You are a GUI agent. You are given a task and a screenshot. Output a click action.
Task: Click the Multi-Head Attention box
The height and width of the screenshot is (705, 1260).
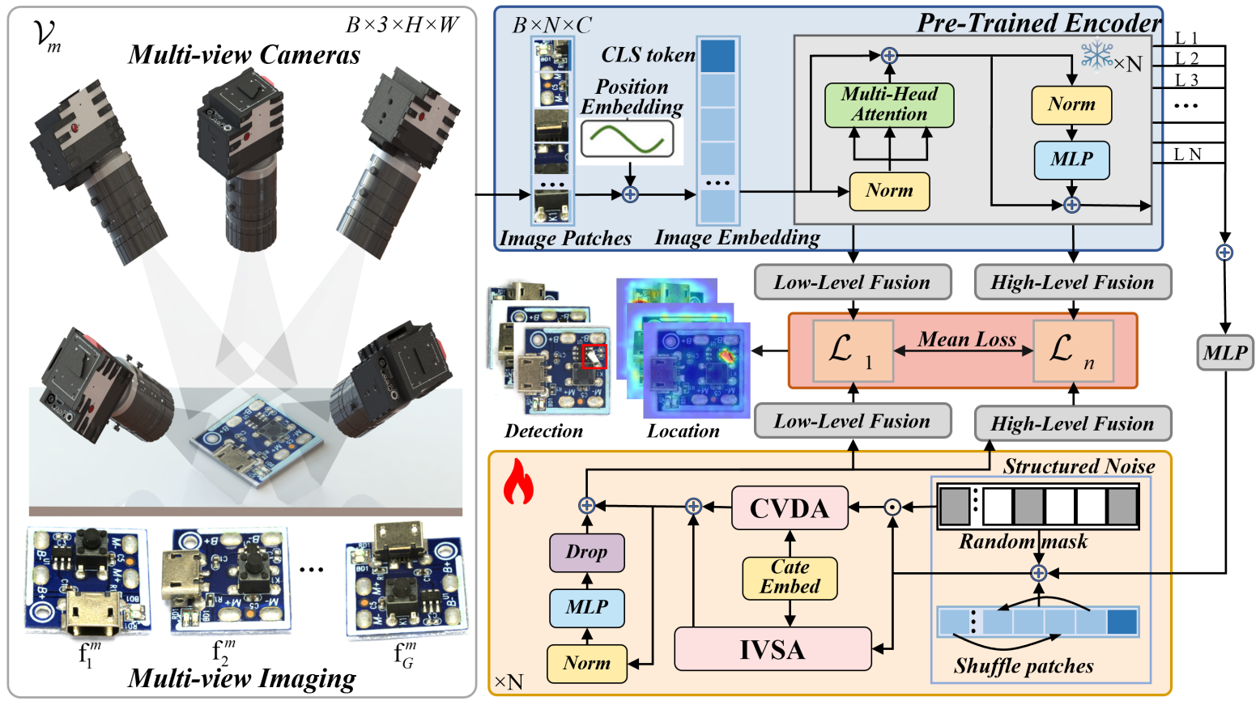889,104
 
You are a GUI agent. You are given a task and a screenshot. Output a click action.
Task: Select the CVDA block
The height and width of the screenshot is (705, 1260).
790,508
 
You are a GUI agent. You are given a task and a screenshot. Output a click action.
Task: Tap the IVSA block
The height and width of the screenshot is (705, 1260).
773,649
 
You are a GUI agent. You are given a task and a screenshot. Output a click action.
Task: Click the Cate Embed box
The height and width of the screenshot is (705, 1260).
790,577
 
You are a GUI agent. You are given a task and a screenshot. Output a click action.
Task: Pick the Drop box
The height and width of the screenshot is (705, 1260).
586,552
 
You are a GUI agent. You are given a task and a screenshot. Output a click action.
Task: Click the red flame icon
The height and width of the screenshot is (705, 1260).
518,482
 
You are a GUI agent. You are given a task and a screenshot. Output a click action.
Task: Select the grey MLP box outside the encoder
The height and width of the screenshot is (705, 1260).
1224,353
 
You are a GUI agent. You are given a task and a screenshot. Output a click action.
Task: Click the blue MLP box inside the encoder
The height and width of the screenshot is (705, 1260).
1071,159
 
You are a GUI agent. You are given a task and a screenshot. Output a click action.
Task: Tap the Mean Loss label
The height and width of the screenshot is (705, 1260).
966,340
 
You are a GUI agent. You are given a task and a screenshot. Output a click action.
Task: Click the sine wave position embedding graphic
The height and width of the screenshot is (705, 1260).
627,139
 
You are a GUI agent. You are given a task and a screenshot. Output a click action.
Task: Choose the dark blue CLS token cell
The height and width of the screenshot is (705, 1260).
717,55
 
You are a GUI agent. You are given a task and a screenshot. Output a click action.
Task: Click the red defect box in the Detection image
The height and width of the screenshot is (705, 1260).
594,356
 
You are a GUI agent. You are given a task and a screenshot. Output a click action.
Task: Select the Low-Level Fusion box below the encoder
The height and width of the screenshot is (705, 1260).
852,282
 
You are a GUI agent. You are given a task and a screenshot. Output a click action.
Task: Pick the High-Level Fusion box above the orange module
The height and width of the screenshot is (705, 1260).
1072,423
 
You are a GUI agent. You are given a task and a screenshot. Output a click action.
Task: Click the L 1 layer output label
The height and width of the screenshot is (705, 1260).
1186,38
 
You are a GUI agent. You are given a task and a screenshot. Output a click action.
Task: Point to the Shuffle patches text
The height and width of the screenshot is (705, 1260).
1024,666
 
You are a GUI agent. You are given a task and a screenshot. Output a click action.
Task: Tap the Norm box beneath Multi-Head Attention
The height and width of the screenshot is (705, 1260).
889,191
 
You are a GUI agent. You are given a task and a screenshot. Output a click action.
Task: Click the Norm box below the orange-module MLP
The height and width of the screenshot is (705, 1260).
586,664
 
